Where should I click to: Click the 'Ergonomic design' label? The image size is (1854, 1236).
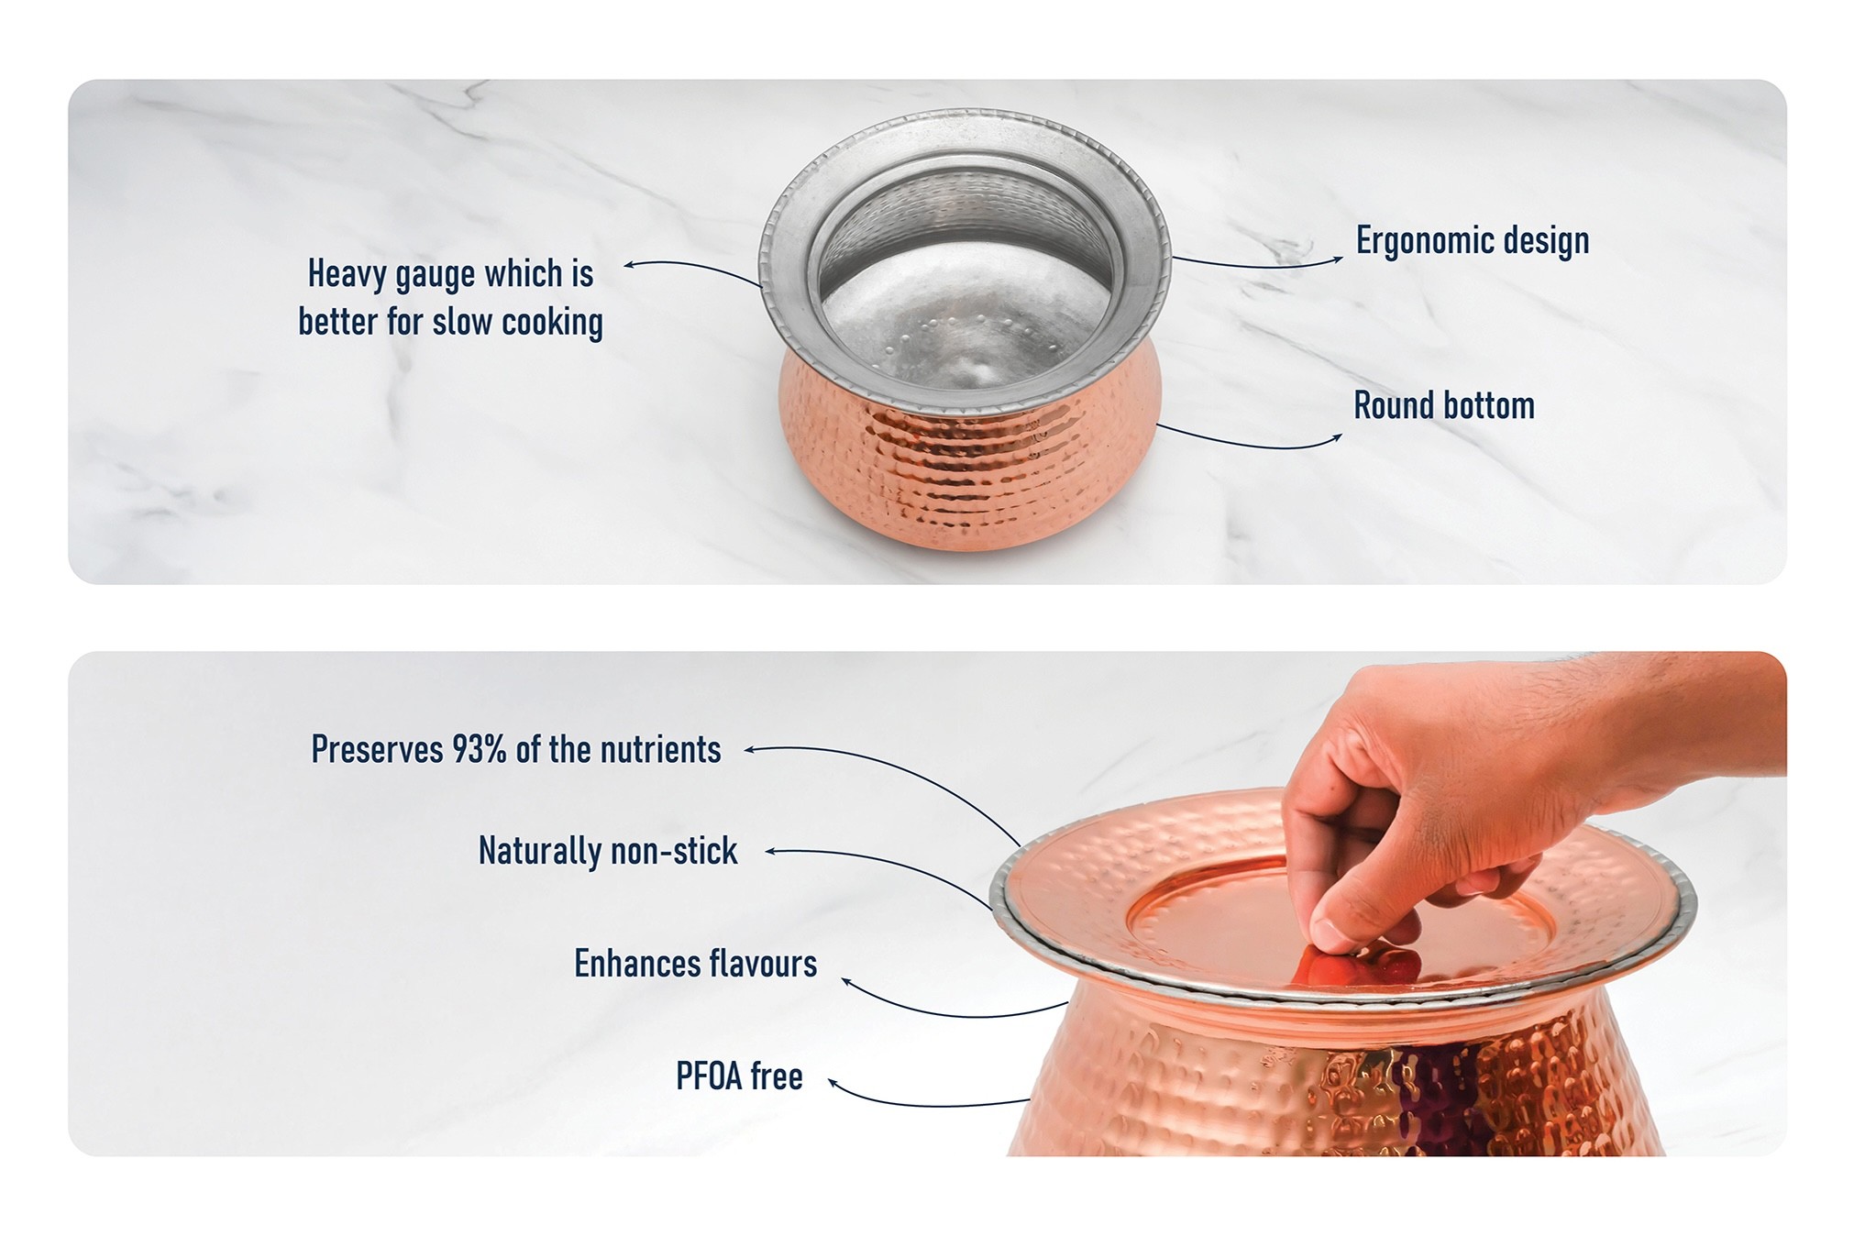tap(1473, 241)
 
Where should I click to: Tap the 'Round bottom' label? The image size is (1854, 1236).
tap(1444, 405)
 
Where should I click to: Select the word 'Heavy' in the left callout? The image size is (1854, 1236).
tap(346, 274)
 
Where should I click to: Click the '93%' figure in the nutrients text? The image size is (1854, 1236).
tap(480, 750)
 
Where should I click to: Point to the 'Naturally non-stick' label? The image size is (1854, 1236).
tap(608, 851)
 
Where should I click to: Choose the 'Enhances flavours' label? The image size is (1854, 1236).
tap(696, 964)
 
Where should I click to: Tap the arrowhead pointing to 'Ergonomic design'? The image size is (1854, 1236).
tap(1338, 259)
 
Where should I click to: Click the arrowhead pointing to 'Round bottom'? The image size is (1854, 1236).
tap(1337, 437)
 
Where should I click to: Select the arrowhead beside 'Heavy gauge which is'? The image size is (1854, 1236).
tap(630, 266)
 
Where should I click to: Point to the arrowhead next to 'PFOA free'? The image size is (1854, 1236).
tap(834, 1084)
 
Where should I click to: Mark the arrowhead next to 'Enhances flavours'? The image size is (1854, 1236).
tap(848, 984)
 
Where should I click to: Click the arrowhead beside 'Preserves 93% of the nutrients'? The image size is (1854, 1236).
tap(750, 750)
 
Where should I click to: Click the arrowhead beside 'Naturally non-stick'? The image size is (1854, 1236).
tap(772, 852)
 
